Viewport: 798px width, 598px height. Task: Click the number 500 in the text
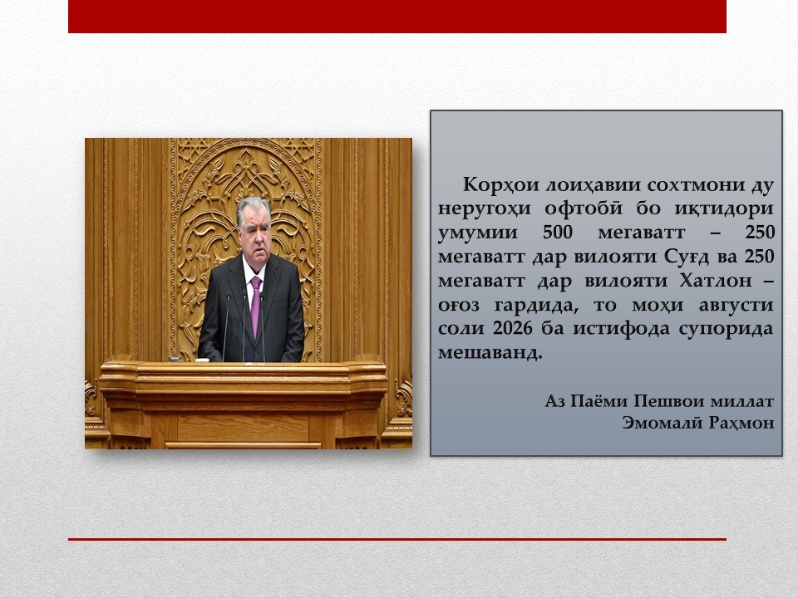point(558,233)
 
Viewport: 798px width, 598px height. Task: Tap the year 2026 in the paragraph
point(513,328)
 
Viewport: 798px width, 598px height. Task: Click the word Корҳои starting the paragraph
point(501,184)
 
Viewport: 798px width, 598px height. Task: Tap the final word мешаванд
point(490,352)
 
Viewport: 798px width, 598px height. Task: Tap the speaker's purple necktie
point(255,306)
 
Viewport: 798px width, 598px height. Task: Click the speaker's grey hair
point(253,208)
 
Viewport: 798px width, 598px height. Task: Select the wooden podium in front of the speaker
point(244,404)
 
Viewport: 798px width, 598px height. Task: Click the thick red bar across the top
point(397,17)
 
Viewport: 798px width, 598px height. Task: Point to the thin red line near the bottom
point(397,539)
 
